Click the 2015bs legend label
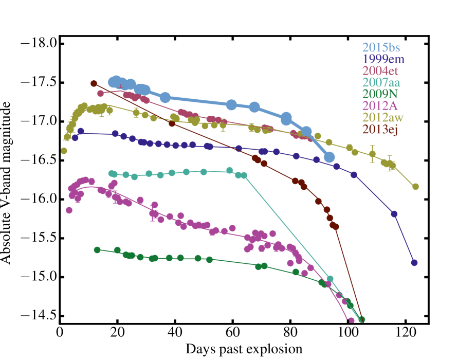(x=381, y=48)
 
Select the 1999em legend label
(x=383, y=59)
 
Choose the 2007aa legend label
(x=381, y=82)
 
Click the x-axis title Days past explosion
(x=244, y=349)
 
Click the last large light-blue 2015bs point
(x=329, y=157)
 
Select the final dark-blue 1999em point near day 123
(x=414, y=263)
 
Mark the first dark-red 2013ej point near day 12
(x=94, y=83)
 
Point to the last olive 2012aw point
(x=416, y=187)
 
